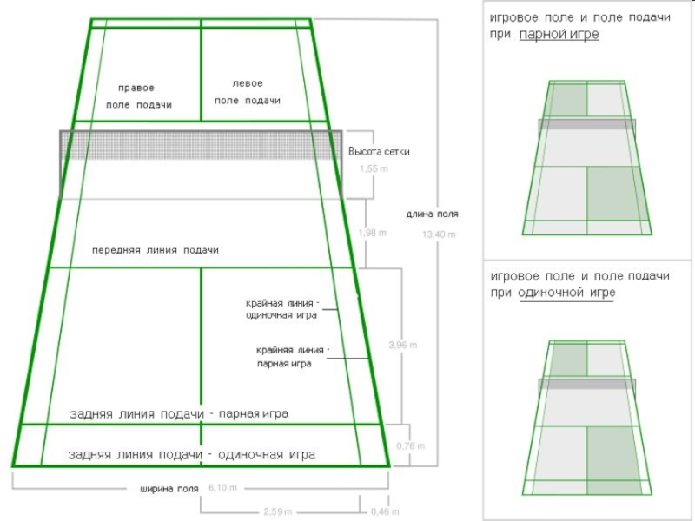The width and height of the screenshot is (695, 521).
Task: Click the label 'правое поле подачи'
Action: (139, 96)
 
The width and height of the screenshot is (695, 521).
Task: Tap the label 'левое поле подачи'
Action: (248, 92)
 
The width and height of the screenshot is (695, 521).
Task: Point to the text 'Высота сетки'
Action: (379, 152)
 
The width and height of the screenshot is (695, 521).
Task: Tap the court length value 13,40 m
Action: (438, 234)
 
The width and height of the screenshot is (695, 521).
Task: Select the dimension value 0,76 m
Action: (410, 445)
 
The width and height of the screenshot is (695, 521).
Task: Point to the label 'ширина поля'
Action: (169, 489)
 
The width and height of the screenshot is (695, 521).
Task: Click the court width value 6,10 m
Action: (222, 488)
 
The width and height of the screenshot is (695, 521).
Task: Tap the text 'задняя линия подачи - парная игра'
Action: (179, 414)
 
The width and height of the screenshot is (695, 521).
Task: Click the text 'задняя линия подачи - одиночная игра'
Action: (191, 454)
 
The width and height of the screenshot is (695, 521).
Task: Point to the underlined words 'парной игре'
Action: (559, 35)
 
